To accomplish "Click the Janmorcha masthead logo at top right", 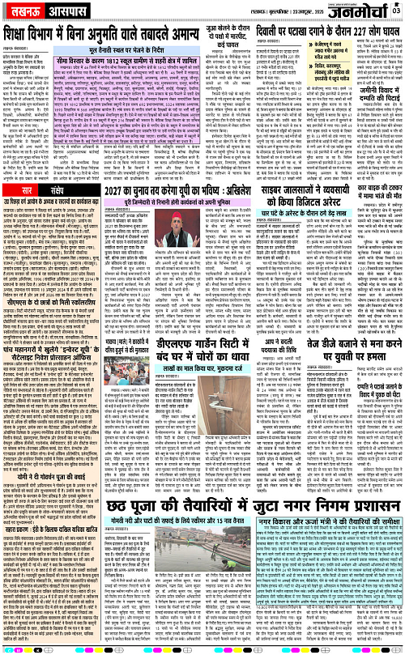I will click(x=360, y=12).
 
